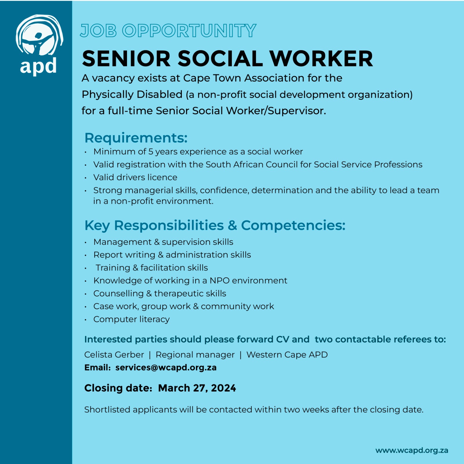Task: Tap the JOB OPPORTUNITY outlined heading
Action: tap(168, 31)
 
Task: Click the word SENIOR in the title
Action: tap(126, 59)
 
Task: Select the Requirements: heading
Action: tap(136, 138)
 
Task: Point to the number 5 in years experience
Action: tap(151, 152)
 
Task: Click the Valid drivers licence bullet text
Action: tap(135, 177)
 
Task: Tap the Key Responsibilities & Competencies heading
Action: tap(215, 225)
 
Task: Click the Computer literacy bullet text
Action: tap(131, 319)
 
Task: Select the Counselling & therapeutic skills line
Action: tap(160, 293)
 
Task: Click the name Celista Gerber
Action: tap(114, 355)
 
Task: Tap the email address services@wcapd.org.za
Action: tap(166, 367)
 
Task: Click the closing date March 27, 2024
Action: tap(197, 388)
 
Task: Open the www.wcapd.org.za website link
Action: tap(412, 450)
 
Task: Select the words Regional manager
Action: tap(195, 355)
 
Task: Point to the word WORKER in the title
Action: tap(322, 59)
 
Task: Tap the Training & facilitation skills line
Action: tap(152, 268)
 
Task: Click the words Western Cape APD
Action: tap(287, 355)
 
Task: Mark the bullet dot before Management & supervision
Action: tap(86, 242)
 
